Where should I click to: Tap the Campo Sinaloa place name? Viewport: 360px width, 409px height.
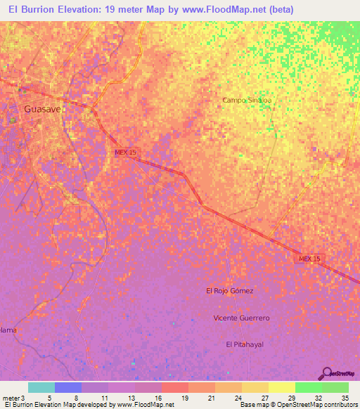point(247,100)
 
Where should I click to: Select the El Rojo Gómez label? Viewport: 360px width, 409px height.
point(229,290)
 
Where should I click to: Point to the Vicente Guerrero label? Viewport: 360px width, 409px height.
point(241,318)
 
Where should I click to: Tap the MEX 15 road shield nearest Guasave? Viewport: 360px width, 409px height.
point(127,152)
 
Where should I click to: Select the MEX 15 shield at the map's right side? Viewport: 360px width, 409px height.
point(309,259)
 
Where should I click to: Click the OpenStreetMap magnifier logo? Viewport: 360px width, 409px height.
point(327,373)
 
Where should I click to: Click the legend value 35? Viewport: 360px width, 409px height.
point(345,398)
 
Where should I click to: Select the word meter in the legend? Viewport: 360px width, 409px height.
point(9,398)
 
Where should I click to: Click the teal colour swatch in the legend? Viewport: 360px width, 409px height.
point(41,387)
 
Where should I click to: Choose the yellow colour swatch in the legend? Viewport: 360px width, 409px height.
point(281,387)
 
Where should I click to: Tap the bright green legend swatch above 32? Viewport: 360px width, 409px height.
point(308,387)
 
